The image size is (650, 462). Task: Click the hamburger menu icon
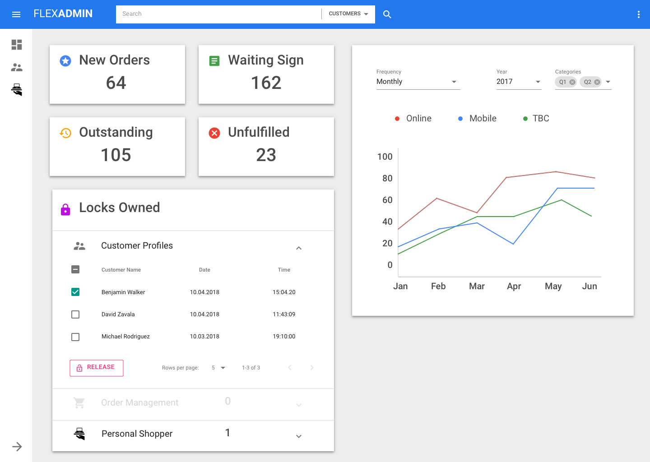pyautogui.click(x=16, y=14)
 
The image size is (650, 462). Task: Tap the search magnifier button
pyautogui.click(x=387, y=14)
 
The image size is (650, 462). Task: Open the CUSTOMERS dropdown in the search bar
pyautogui.click(x=348, y=14)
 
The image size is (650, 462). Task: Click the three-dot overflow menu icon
pyautogui.click(x=638, y=14)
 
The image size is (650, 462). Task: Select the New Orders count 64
pyautogui.click(x=116, y=83)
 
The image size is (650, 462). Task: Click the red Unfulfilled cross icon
pyautogui.click(x=214, y=133)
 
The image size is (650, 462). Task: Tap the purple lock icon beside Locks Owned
pyautogui.click(x=65, y=209)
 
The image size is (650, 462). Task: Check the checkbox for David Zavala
pyautogui.click(x=75, y=314)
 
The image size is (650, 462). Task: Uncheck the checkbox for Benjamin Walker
pyautogui.click(x=75, y=292)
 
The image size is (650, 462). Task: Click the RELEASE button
pyautogui.click(x=97, y=368)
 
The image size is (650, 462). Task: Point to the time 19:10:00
pyautogui.click(x=284, y=337)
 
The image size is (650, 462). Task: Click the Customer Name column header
pyautogui.click(x=121, y=270)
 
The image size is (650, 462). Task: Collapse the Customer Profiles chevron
pyautogui.click(x=298, y=248)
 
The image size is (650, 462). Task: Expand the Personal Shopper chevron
pyautogui.click(x=298, y=436)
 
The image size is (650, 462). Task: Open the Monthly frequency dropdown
pyautogui.click(x=418, y=82)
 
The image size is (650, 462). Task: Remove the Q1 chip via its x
pyautogui.click(x=572, y=82)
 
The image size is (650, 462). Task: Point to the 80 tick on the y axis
pyautogui.click(x=387, y=178)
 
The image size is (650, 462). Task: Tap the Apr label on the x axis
pyautogui.click(x=514, y=286)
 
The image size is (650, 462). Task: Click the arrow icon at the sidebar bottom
pyautogui.click(x=17, y=447)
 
